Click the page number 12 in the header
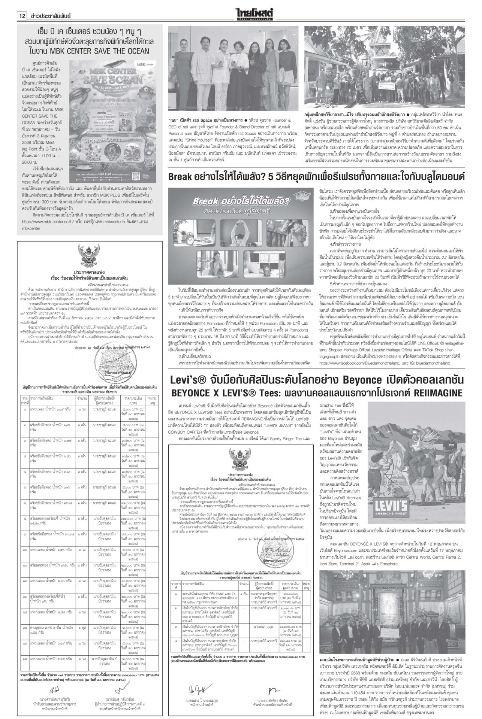(x=21, y=16)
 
